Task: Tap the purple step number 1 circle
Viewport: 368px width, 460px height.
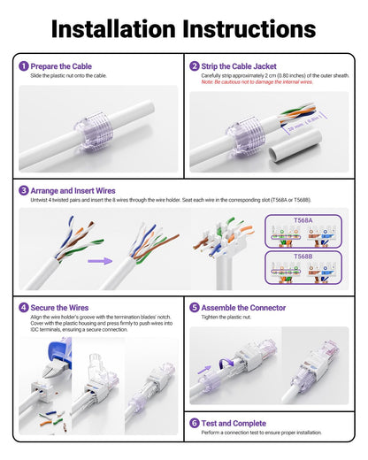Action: pos(23,66)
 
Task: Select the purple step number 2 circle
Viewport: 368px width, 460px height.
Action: pos(194,66)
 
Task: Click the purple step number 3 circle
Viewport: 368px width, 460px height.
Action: pos(23,189)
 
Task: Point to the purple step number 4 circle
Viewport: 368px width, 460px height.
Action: pos(23,308)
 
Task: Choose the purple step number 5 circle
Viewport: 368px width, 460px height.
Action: pos(194,308)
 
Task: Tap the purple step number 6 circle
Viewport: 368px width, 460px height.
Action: pos(194,423)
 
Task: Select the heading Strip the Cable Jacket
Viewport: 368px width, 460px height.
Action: pos(239,66)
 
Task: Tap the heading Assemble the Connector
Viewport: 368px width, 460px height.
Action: pos(243,308)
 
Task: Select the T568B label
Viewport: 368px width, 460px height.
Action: pos(303,255)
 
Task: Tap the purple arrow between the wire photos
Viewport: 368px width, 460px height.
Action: pos(99,261)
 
